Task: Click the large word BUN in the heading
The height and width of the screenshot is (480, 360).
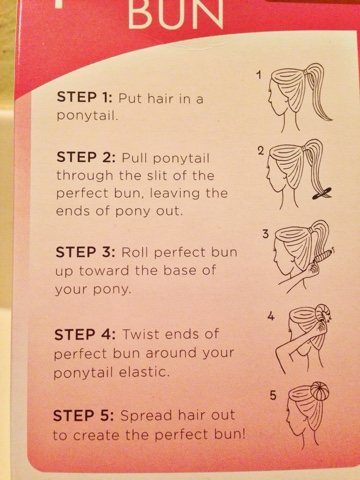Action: pyautogui.click(x=176, y=13)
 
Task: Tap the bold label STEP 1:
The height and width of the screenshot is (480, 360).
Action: pyautogui.click(x=85, y=97)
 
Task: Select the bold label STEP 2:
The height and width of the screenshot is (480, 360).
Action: pyautogui.click(x=86, y=157)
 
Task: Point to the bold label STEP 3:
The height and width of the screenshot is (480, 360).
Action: pyautogui.click(x=85, y=252)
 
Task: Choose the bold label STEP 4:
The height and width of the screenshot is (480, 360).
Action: pyautogui.click(x=85, y=334)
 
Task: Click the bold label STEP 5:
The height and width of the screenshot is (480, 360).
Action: pyautogui.click(x=84, y=416)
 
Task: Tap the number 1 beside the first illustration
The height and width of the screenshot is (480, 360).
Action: pyautogui.click(x=259, y=75)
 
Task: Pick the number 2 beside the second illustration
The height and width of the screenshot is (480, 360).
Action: pyautogui.click(x=261, y=151)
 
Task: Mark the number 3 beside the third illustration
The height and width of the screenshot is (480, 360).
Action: pyautogui.click(x=265, y=234)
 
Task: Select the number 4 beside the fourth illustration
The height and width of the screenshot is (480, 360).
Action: pyautogui.click(x=271, y=316)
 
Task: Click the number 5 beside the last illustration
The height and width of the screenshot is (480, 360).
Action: pyautogui.click(x=273, y=396)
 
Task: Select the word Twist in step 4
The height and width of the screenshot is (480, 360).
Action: pyautogui.click(x=141, y=334)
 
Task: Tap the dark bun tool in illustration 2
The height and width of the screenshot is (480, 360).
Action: pyautogui.click(x=322, y=194)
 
